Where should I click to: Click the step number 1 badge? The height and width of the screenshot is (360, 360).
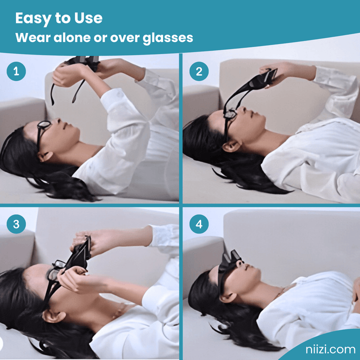tap(16, 71)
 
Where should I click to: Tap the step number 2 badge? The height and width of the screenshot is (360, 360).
tap(199, 71)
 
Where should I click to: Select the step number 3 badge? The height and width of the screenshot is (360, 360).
tap(16, 224)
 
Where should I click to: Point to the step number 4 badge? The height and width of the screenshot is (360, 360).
tap(199, 224)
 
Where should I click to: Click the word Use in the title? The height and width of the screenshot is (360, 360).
tap(88, 18)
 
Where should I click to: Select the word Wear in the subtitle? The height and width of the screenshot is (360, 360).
tap(31, 38)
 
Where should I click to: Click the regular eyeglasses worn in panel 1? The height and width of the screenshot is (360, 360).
tap(42, 131)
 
